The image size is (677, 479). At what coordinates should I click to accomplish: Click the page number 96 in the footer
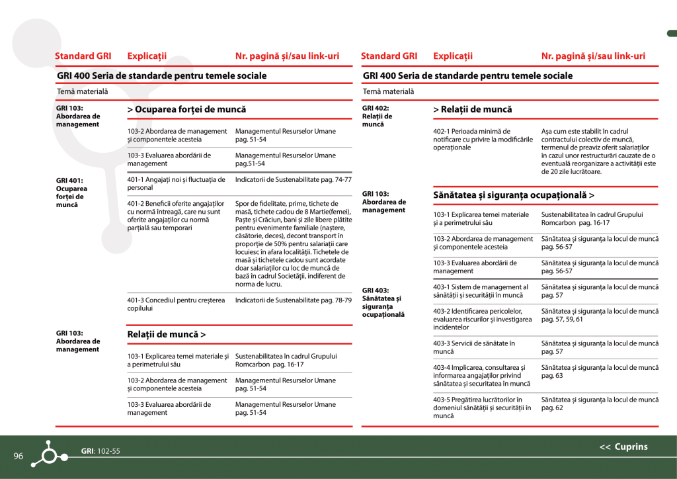(19, 457)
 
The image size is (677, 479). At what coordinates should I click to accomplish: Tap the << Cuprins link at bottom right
(623, 447)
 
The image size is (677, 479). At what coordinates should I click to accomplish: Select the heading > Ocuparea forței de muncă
(186, 109)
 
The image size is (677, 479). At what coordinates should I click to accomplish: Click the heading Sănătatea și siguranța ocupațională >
(513, 196)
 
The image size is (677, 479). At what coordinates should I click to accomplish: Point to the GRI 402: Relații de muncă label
(377, 116)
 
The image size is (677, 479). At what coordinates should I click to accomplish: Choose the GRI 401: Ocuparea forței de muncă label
(71, 193)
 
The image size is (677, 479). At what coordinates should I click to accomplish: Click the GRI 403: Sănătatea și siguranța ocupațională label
(383, 302)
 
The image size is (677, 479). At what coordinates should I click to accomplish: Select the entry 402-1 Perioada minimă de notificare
(483, 140)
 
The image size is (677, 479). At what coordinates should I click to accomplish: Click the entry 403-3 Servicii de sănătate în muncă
(474, 347)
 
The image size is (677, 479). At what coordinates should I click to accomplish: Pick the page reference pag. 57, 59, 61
(562, 320)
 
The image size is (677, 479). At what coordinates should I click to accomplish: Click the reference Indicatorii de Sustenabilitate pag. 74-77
(293, 180)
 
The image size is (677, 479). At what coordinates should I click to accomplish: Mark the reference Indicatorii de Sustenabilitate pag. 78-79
(293, 300)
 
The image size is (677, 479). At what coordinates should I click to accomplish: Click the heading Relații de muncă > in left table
(166, 335)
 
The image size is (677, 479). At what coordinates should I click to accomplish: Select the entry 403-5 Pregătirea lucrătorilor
(482, 408)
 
